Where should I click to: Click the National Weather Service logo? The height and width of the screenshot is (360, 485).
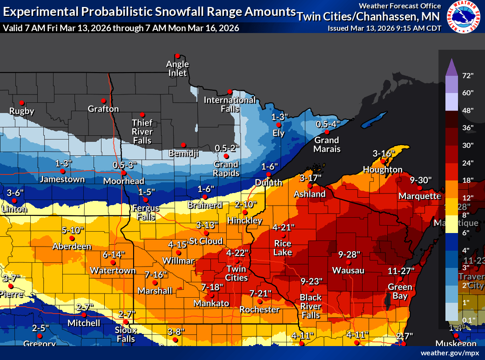463,17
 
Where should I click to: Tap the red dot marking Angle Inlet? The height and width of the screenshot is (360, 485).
177,55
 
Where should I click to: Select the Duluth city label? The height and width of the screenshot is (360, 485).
269,182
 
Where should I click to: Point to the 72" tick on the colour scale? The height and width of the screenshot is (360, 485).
468,75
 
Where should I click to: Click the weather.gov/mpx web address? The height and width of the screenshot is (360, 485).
450,353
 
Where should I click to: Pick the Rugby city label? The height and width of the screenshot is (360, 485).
22,111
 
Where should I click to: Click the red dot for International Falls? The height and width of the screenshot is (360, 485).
229,91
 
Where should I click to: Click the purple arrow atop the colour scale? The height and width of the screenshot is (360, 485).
451,67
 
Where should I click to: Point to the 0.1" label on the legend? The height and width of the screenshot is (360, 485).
468,320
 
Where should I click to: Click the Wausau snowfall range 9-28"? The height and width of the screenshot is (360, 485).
350,254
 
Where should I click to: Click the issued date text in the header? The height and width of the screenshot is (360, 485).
384,28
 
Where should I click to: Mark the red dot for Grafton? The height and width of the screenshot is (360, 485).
103,100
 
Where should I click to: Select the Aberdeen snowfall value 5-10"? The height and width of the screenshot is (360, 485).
73,230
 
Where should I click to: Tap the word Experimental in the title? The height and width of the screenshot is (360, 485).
35,11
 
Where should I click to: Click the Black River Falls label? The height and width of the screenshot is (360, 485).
310,306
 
